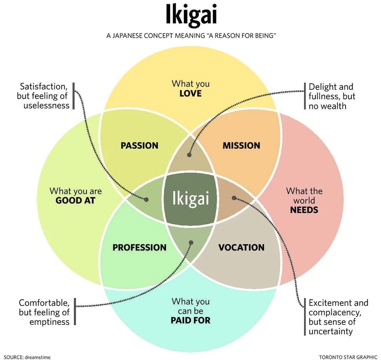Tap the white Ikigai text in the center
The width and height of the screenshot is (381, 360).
(190, 198)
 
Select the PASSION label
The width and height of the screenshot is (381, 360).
(139, 146)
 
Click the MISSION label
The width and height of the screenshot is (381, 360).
(241, 146)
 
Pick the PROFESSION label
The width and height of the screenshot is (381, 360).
(139, 248)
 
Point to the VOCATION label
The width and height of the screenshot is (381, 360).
(241, 248)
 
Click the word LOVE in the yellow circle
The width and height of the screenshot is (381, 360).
(190, 94)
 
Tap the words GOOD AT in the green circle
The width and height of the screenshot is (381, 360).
(75, 200)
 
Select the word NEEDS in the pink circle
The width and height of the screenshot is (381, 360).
(304, 210)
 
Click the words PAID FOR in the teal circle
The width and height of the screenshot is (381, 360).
(190, 320)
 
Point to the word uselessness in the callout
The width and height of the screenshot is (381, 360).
(46, 106)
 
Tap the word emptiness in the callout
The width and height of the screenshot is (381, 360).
(49, 321)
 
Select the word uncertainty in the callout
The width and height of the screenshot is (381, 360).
(330, 331)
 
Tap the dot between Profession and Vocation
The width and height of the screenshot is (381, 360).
(191, 242)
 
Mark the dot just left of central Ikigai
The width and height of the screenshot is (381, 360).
(146, 200)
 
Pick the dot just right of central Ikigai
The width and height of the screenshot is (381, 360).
(234, 197)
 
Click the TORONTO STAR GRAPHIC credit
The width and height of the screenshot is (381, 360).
(348, 357)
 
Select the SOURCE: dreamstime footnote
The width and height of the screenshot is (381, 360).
(27, 357)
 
